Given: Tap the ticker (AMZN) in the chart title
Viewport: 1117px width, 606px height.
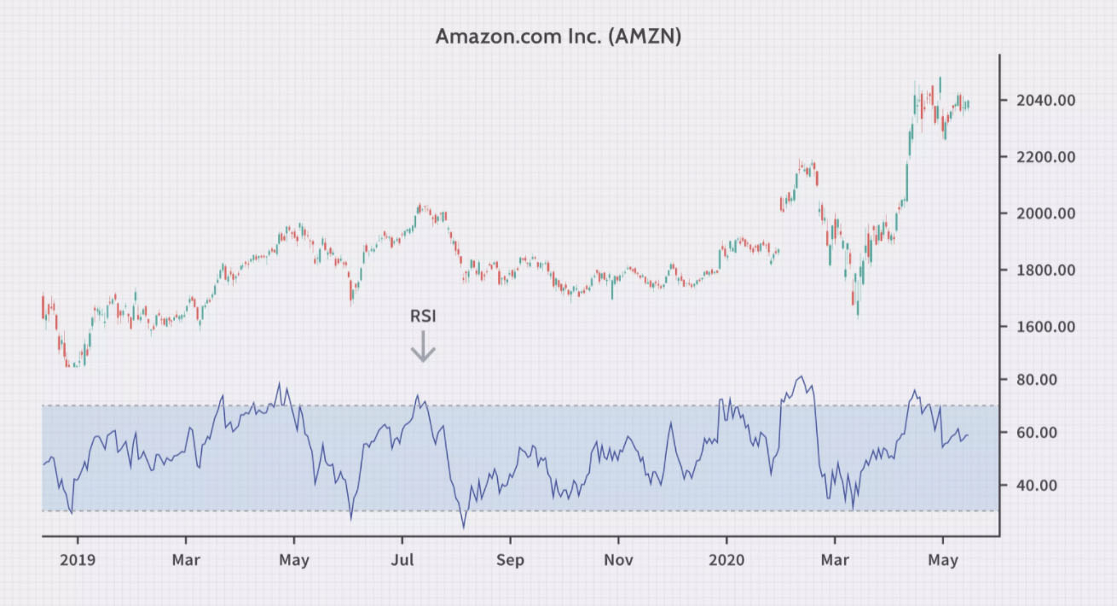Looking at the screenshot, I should tap(645, 37).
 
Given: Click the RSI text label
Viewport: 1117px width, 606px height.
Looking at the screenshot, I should tap(423, 317).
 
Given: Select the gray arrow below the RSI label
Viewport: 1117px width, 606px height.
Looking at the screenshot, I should tap(423, 347).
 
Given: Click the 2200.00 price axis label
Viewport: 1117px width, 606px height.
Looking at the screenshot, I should tap(1045, 157).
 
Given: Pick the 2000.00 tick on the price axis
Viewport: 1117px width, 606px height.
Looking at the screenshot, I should tap(1045, 213).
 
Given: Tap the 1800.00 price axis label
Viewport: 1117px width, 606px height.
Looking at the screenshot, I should tap(1045, 271).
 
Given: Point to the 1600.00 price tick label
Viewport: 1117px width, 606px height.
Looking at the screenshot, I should tap(1045, 327).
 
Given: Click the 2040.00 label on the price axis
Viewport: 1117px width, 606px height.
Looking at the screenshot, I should tap(1045, 101).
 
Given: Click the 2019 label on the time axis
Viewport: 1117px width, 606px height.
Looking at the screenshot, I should tap(78, 561).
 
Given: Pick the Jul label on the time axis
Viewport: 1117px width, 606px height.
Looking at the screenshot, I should tap(402, 561).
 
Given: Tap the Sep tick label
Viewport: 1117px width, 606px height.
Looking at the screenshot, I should tap(511, 561).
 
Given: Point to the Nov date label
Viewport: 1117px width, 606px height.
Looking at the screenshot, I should tap(618, 561).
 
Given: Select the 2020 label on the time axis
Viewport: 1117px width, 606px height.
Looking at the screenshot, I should tap(726, 561).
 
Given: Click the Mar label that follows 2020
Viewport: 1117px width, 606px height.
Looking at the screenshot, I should tap(835, 561).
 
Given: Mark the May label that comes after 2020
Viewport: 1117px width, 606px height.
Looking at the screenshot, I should tap(943, 561).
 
